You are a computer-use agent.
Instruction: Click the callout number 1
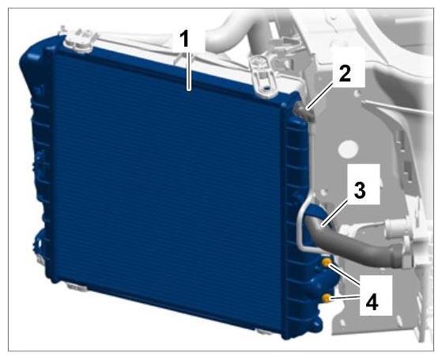185,40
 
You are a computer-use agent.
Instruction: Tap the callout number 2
345,73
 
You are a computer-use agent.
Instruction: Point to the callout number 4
372,303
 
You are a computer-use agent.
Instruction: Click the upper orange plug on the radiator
327,263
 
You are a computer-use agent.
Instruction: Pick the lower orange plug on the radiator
327,298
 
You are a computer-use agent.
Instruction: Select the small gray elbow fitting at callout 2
305,112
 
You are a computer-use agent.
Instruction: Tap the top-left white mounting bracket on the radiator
78,42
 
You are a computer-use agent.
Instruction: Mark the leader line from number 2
323,95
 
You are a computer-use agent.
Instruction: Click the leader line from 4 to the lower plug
345,297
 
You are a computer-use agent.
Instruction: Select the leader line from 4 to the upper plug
345,275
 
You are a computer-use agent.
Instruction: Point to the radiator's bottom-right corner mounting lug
315,328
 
